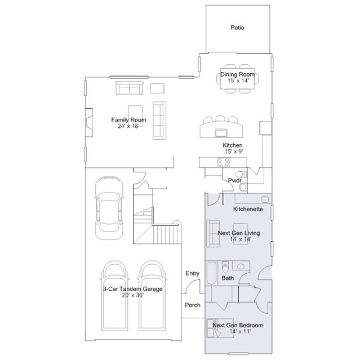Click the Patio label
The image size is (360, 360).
pos(237,28)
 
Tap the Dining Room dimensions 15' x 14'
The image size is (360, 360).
pos(238,81)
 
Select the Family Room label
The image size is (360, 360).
pos(128,120)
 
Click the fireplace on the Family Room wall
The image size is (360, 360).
pos(89,123)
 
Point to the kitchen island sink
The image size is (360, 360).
pos(221,133)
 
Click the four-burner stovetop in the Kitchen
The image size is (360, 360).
pos(224,162)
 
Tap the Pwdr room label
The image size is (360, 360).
pos(234,180)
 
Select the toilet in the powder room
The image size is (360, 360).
pos(241,174)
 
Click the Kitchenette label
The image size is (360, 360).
pos(248,209)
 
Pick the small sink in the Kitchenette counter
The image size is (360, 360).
pos(265,199)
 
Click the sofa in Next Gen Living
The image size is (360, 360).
pos(213,234)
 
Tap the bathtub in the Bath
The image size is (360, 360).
pos(211,273)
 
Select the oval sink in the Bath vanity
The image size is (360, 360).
pos(241,266)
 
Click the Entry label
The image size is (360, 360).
pos(193,273)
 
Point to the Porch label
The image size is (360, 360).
pos(193,305)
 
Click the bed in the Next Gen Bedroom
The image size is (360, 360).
pos(220,328)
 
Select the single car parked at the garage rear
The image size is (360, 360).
pos(109,208)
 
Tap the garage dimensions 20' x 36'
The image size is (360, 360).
pos(133,295)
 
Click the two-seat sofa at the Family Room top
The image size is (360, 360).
pos(130,88)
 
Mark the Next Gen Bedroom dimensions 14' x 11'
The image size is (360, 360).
pos(240,331)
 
